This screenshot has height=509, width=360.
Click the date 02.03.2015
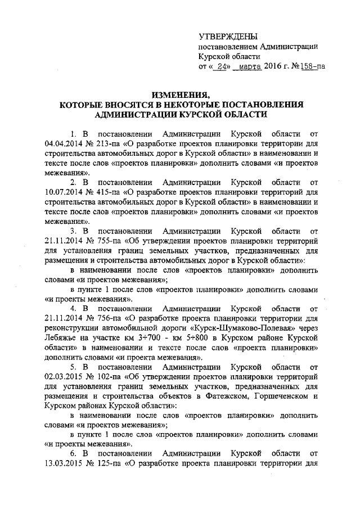pos(63,376)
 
